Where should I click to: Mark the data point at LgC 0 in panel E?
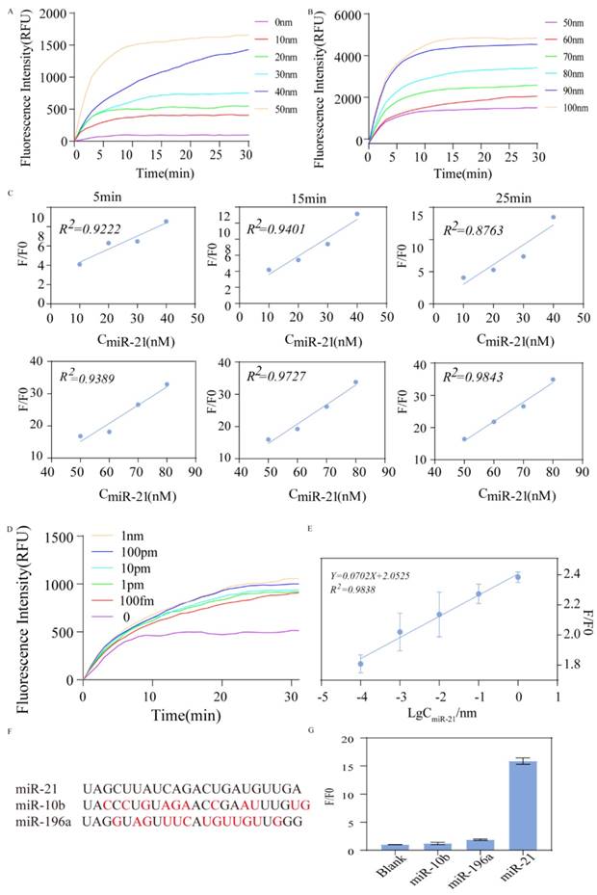click(518, 577)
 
